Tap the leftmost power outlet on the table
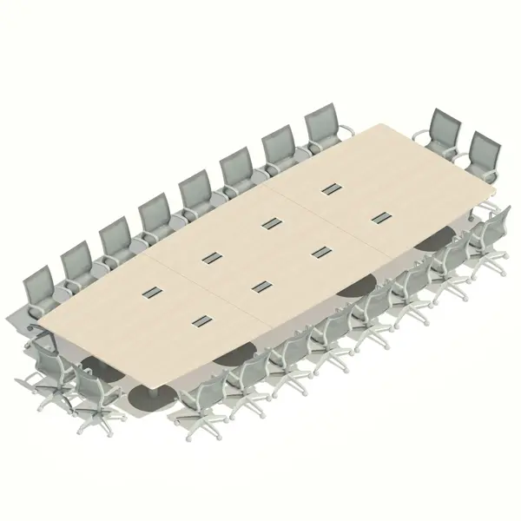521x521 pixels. coord(153,291)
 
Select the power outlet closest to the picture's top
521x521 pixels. coord(330,188)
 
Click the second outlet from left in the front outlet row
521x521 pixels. coord(260,286)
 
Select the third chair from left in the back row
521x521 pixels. coord(115,240)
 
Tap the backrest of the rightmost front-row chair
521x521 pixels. coord(491,228)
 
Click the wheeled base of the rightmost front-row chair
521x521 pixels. coord(491,261)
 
